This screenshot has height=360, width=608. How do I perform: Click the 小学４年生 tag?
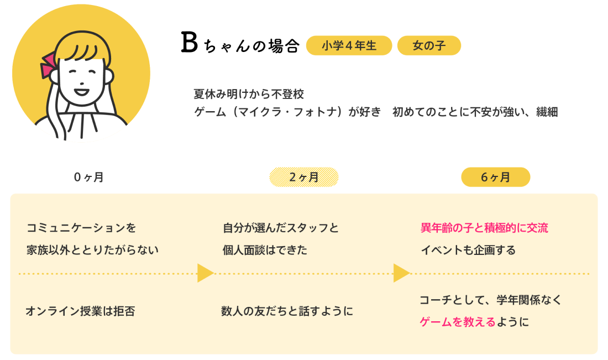pyautogui.click(x=349, y=46)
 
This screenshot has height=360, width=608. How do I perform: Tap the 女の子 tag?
pyautogui.click(x=429, y=46)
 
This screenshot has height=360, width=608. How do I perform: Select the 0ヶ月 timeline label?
pyautogui.click(x=89, y=178)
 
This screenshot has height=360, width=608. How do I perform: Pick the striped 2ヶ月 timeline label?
pyautogui.click(x=304, y=178)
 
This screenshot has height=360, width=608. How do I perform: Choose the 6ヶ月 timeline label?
pyautogui.click(x=496, y=178)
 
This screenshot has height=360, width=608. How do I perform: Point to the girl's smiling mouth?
pyautogui.click(x=81, y=90)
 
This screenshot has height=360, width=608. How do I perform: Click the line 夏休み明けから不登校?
pyautogui.click(x=249, y=93)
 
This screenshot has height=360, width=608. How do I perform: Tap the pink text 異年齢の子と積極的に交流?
pyautogui.click(x=484, y=228)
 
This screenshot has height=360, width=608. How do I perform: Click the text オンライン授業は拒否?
pyautogui.click(x=80, y=311)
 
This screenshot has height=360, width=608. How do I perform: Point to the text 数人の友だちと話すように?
pyautogui.click(x=286, y=311)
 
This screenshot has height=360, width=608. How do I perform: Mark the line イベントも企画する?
pyautogui.click(x=468, y=250)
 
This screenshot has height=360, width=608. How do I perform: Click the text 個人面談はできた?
pyautogui.click(x=265, y=250)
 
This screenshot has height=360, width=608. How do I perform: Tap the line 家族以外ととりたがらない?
pyautogui.click(x=92, y=250)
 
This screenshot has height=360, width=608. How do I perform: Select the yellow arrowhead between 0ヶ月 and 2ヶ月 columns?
pyautogui.click(x=205, y=273)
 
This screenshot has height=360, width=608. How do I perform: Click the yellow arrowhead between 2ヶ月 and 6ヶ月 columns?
pyautogui.click(x=401, y=273)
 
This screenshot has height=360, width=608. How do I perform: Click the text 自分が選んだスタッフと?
pyautogui.click(x=281, y=228)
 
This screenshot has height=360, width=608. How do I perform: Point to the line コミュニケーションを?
pyautogui.click(x=81, y=228)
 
